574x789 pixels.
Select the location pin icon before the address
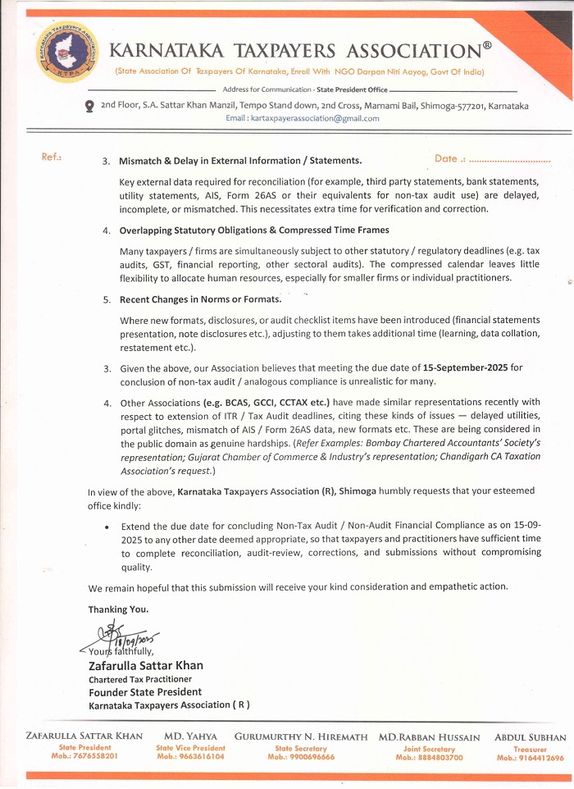pos(89,106)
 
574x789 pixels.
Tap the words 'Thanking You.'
pos(119,609)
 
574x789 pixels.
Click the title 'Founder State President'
pos(145,691)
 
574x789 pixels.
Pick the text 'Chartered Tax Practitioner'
pos(139,679)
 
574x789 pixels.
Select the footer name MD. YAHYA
pos(190,737)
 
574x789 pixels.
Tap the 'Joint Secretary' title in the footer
pos(430,749)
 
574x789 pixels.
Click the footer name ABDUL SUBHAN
pos(530,737)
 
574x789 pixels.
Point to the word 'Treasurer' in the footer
pos(530,749)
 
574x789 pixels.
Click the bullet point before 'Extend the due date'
pos(108,526)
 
